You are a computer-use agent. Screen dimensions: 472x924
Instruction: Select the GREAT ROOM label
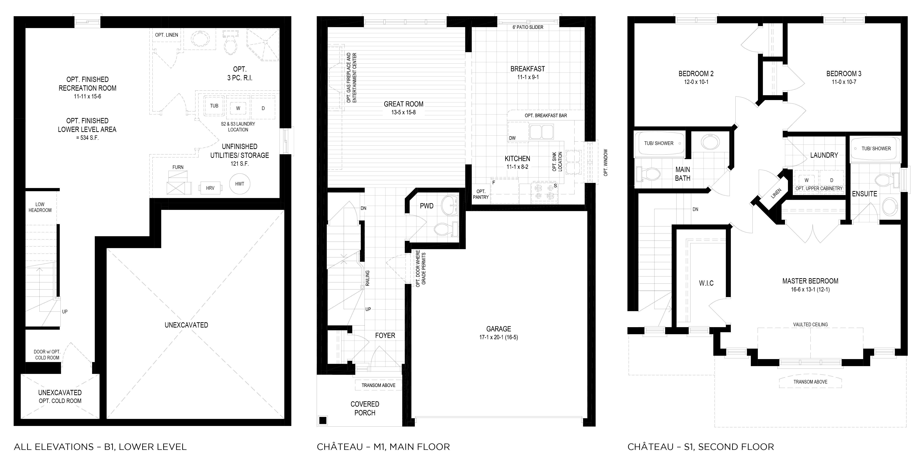403,104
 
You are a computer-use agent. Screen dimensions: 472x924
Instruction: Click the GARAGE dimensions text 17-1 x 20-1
499,337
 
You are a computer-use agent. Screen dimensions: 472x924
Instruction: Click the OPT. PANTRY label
481,194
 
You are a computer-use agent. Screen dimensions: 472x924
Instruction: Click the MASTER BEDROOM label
810,281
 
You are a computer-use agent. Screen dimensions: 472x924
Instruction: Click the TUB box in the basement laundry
214,106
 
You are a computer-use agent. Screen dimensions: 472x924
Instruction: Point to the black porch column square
323,420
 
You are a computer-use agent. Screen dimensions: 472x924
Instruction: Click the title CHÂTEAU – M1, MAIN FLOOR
383,447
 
